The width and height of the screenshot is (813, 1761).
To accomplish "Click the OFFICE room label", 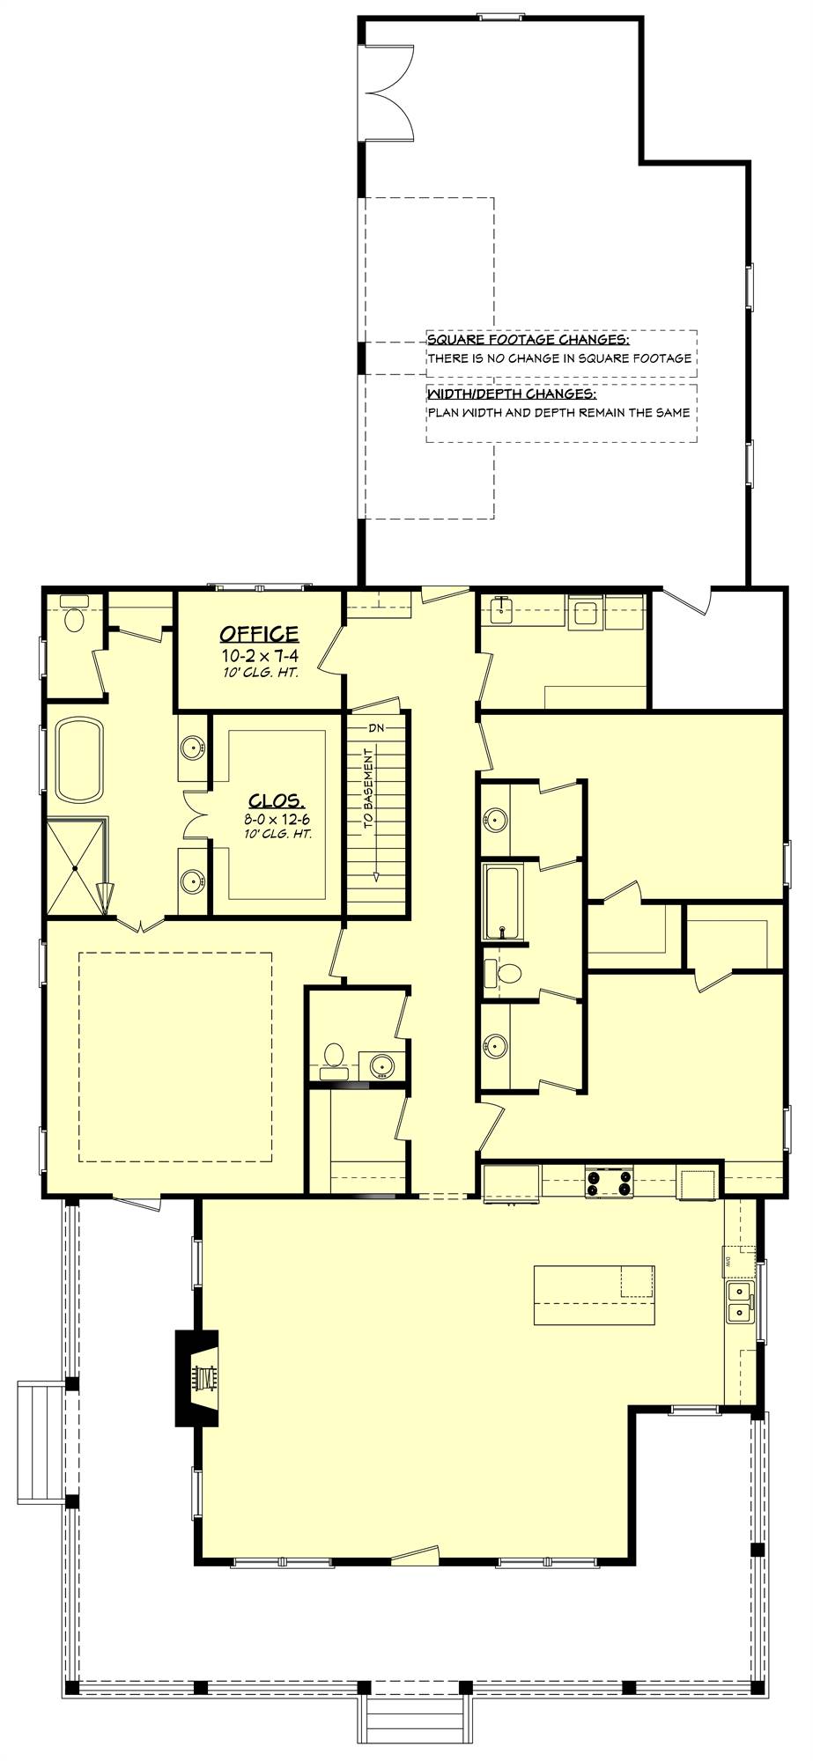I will click(259, 633).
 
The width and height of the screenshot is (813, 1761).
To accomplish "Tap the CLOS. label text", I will click(277, 801).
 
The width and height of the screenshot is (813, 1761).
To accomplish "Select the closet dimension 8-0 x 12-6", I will click(277, 819).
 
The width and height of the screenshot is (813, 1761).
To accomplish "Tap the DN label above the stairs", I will click(377, 727).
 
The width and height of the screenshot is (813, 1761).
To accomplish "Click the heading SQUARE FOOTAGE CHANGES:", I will click(528, 340).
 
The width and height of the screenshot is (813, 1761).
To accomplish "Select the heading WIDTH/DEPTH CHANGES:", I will click(512, 394).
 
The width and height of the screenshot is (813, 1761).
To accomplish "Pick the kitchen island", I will click(594, 1295).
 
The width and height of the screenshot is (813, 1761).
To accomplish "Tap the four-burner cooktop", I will click(609, 1182).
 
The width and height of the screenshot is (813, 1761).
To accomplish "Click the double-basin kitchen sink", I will click(739, 1302).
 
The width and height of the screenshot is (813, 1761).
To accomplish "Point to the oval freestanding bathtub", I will click(78, 760).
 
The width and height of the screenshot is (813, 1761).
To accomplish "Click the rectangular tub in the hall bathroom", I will click(503, 903).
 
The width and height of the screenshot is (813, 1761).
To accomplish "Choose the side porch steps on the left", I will click(41, 1443).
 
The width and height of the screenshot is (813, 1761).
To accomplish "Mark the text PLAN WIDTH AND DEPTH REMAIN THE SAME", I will click(559, 412).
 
